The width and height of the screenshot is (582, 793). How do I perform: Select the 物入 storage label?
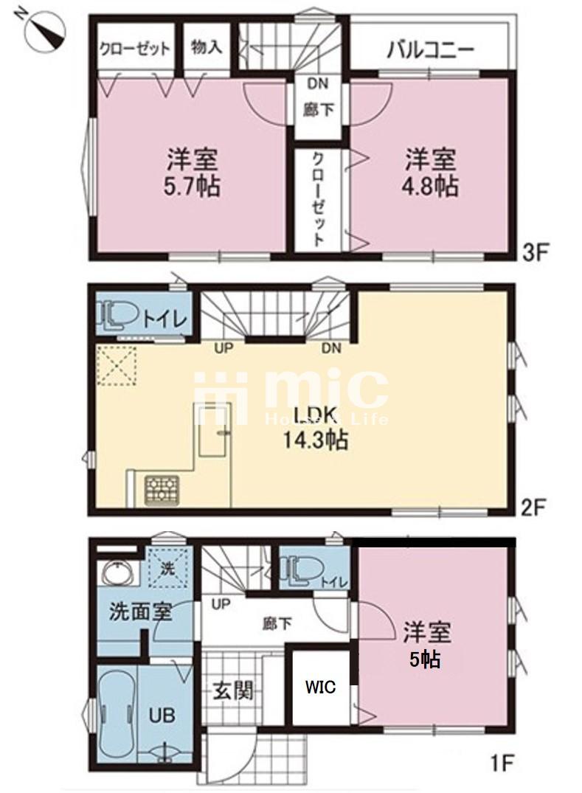[x=207, y=47]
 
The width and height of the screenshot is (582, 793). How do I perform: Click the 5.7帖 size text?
[x=191, y=186]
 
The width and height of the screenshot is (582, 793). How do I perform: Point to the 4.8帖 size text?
[x=430, y=186]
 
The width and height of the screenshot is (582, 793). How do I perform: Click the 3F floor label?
[x=535, y=252]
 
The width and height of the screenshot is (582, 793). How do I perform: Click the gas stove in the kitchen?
[x=162, y=490]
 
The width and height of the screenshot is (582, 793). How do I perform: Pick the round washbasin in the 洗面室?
[x=119, y=572]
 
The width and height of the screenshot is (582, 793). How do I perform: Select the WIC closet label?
[x=321, y=688]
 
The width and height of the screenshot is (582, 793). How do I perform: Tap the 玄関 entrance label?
[x=232, y=690]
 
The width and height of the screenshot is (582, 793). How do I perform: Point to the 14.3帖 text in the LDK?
[x=314, y=441]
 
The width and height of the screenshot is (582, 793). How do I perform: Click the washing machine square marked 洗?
[x=168, y=569]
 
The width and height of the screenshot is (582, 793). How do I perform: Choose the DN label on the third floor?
[x=317, y=83]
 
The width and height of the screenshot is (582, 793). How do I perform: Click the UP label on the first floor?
[x=221, y=604]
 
